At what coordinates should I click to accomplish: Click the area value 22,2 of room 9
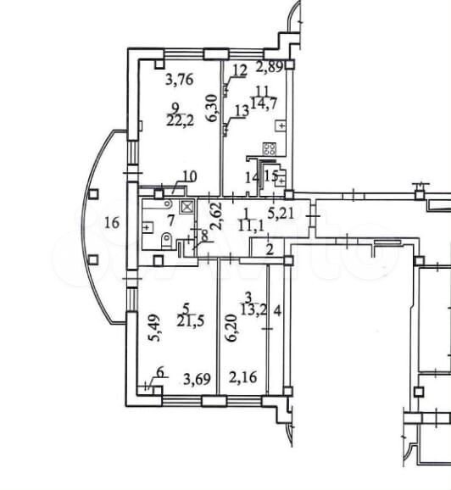tap(180, 120)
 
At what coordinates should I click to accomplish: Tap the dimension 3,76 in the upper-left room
tap(180, 80)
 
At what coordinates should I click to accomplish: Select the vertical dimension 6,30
tap(213, 108)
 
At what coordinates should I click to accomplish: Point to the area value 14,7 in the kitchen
tap(264, 103)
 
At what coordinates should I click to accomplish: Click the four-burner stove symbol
tap(270, 148)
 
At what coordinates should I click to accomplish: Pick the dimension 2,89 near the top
tap(270, 66)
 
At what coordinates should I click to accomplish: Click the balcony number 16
tap(112, 223)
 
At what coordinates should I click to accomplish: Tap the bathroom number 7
tap(170, 220)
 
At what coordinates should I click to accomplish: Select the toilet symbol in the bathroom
tap(167, 242)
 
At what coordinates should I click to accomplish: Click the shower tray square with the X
tap(187, 207)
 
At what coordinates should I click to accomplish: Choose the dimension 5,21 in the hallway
tap(281, 213)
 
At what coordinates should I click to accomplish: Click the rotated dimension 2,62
tap(217, 216)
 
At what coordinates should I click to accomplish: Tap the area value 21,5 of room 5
tap(191, 320)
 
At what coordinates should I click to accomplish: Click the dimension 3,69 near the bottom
tap(197, 379)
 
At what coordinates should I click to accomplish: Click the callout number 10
tap(190, 176)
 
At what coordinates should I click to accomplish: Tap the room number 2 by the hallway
tap(270, 249)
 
